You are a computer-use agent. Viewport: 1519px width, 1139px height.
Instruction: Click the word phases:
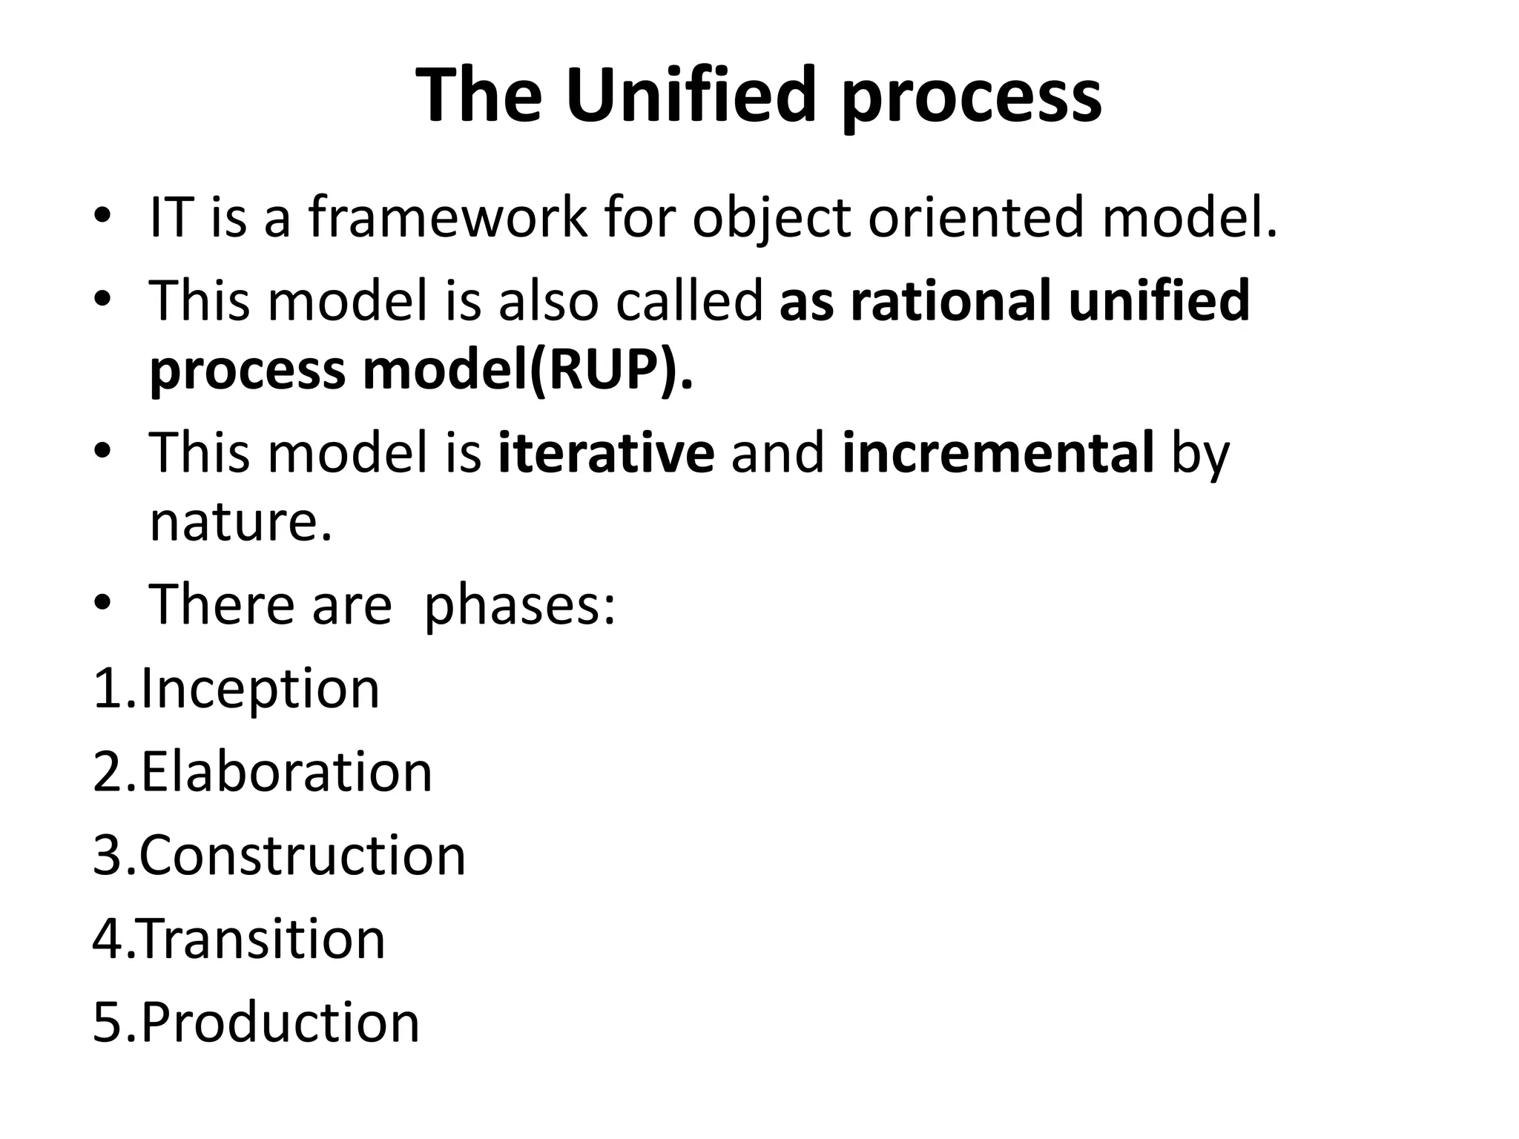point(519,604)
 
